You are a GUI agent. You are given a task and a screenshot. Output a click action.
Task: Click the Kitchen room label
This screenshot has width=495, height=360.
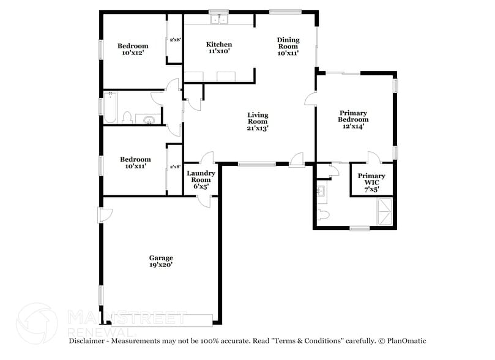pos(218,48)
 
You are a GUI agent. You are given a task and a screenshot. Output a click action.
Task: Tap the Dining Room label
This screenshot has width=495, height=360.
pos(288,47)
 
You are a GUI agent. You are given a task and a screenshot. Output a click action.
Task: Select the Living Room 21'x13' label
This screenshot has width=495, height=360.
pos(258,121)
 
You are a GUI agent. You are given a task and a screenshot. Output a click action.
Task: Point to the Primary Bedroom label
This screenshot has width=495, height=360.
pos(353,119)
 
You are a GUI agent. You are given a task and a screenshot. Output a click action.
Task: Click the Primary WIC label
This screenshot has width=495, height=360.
pos(371,182)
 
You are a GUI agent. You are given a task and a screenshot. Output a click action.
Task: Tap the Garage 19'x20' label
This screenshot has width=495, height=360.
pos(161,261)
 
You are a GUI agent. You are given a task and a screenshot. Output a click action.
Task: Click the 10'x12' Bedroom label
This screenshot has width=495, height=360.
pos(133,50)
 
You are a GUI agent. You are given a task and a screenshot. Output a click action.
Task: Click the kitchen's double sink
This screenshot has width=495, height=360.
pos(218,20)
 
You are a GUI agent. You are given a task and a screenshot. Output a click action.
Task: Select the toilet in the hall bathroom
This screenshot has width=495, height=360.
pos(128,118)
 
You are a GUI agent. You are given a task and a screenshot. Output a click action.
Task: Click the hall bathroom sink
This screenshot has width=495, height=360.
pos(148,119)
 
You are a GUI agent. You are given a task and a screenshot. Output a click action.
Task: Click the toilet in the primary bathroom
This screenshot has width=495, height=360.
pos(324,215)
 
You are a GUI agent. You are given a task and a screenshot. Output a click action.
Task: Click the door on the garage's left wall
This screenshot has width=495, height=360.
pos(106,215)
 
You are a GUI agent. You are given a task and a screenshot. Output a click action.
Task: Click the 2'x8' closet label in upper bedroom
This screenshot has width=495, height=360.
pos(174,39)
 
